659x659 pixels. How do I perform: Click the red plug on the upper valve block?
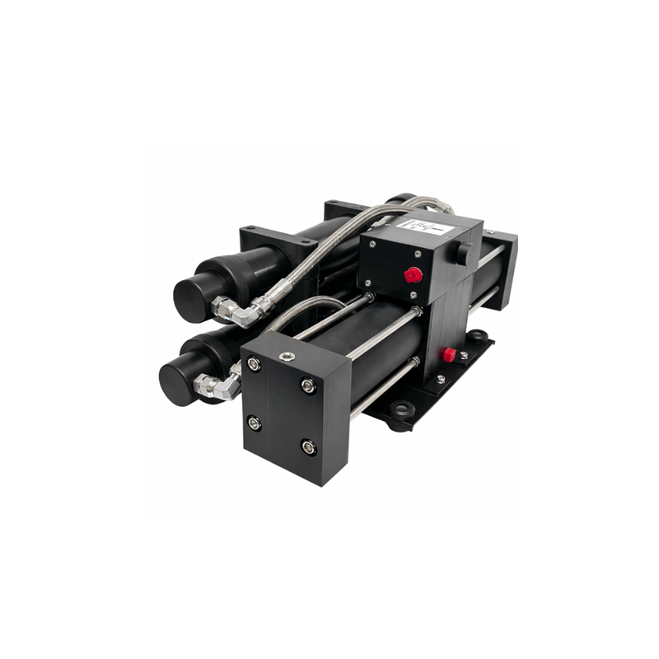pyautogui.click(x=413, y=274)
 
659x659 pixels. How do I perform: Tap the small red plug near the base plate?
pyautogui.click(x=448, y=354)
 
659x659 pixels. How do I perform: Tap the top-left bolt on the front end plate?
pyautogui.click(x=254, y=363)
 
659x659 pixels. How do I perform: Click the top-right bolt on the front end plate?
pyautogui.click(x=307, y=385)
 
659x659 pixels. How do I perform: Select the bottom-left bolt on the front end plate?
pyautogui.click(x=255, y=423)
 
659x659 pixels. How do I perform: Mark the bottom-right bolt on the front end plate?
pyautogui.click(x=309, y=447)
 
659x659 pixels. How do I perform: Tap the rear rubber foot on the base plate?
pyautogui.click(x=476, y=335)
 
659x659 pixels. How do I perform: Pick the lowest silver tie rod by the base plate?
pyautogui.click(x=383, y=388)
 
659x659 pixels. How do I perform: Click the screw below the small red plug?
pyautogui.click(x=442, y=378)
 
